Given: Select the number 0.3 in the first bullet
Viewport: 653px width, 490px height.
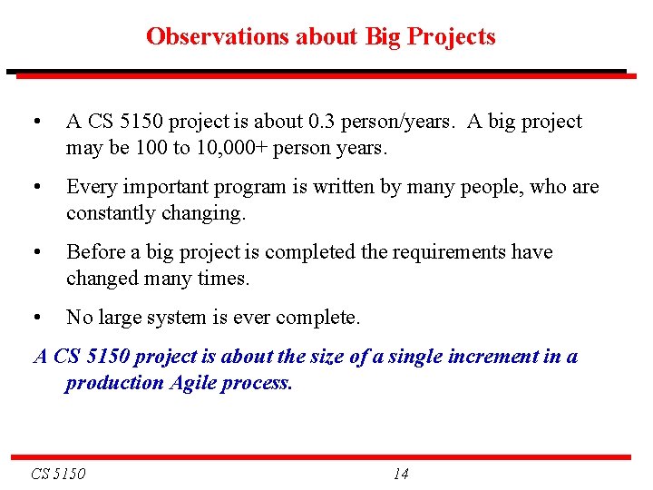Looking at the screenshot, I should coord(325,122).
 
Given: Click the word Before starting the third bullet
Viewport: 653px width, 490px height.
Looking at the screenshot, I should coord(97,252).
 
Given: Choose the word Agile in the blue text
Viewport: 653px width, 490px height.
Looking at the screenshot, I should coord(197,383).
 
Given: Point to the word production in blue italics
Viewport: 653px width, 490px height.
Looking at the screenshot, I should coord(114,383).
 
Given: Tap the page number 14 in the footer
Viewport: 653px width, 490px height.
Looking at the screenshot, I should coord(401,474).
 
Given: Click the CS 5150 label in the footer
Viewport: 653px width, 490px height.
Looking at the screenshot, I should coord(58,474).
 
